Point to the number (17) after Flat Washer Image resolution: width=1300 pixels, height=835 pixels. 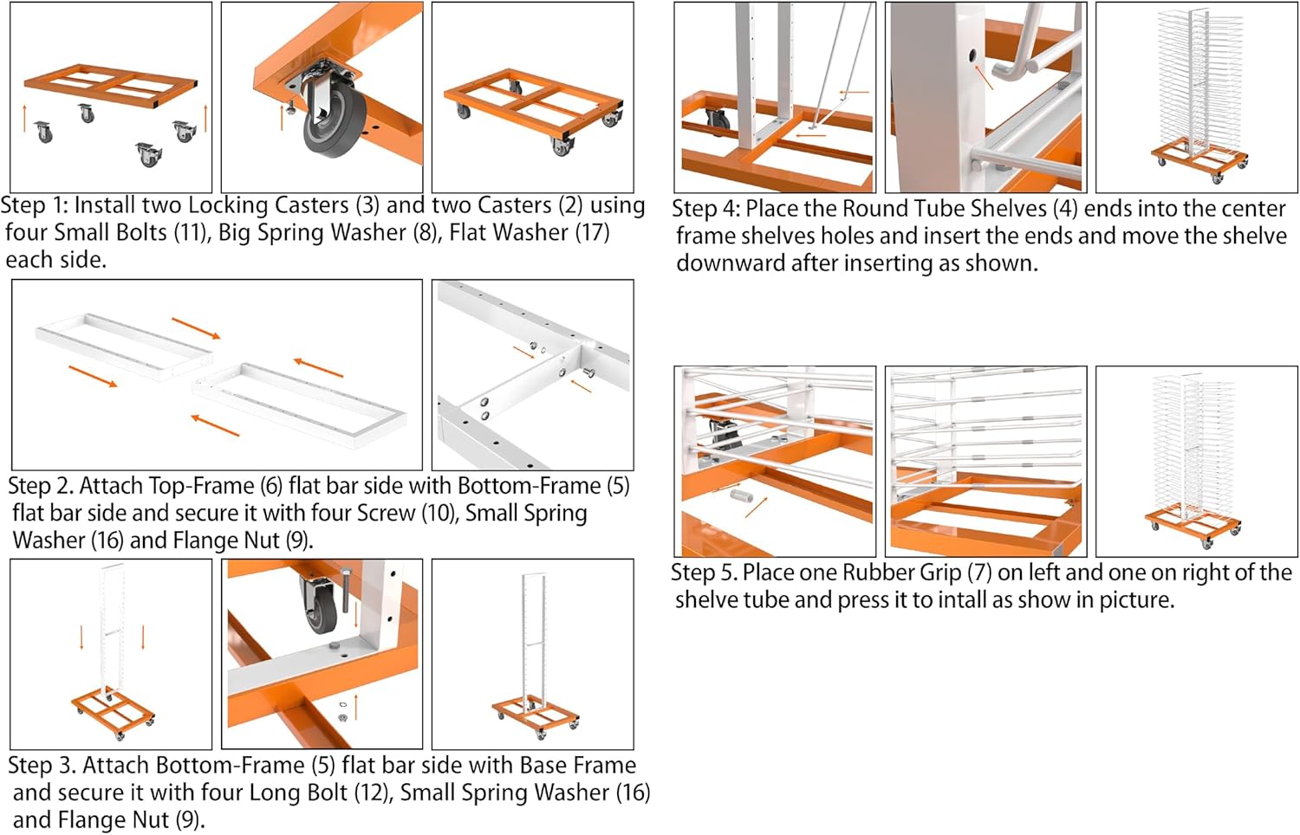point(593,232)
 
